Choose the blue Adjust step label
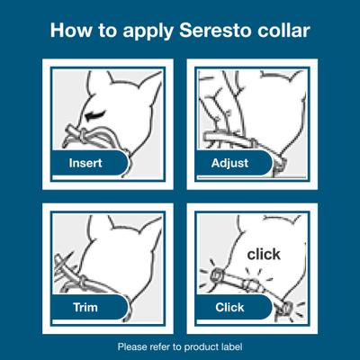(233, 164)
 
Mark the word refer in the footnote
(165, 346)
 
